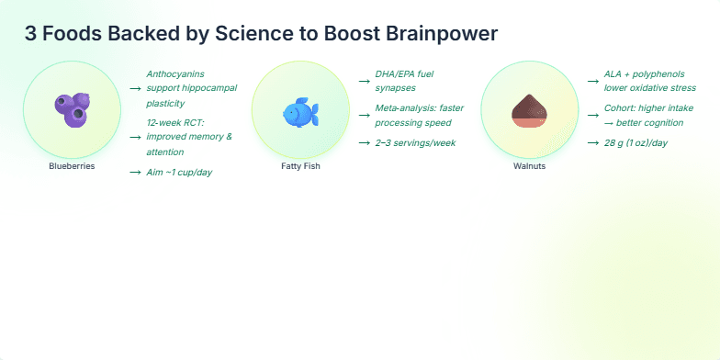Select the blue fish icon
coord(300,112)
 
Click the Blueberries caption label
coord(72,166)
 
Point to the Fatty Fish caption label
coord(300,166)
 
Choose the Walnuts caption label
coord(529,166)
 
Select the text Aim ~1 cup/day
coord(179,172)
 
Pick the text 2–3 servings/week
coord(415,142)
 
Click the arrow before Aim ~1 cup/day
coord(135,173)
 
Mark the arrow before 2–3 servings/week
coord(364,143)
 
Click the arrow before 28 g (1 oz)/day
coord(592,143)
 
